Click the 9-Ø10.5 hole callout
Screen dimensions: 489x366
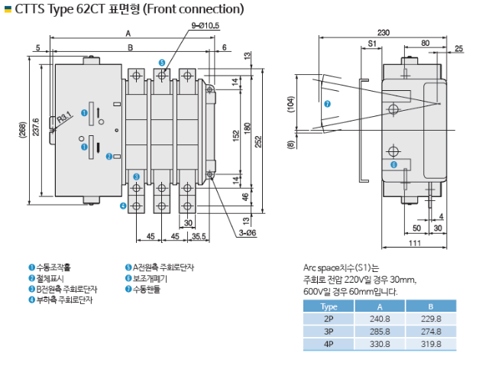pyautogui.click(x=206, y=25)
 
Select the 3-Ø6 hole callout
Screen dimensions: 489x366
pyautogui.click(x=248, y=232)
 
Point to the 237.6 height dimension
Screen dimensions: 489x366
pyautogui.click(x=36, y=127)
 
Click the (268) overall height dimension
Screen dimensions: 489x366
pyautogui.click(x=22, y=130)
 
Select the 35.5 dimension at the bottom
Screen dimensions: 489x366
pyautogui.click(x=199, y=236)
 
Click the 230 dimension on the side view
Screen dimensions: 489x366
pyautogui.click(x=384, y=32)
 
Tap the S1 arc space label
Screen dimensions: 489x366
pyautogui.click(x=372, y=44)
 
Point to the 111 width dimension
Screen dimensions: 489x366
pyautogui.click(x=415, y=243)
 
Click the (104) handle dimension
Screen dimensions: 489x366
pyautogui.click(x=290, y=104)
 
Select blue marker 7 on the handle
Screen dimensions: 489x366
pyautogui.click(x=327, y=104)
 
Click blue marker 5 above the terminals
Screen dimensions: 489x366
pyautogui.click(x=161, y=63)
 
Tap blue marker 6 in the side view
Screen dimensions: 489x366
pyautogui.click(x=394, y=164)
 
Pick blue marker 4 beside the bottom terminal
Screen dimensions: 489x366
pyautogui.click(x=123, y=206)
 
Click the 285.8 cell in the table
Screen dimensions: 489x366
pyautogui.click(x=380, y=332)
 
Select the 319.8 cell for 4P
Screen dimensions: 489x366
pyautogui.click(x=431, y=344)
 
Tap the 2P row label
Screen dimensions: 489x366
pyautogui.click(x=329, y=319)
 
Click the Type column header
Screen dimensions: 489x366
pyautogui.click(x=329, y=306)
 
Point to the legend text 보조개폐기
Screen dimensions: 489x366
pyautogui.click(x=150, y=278)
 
